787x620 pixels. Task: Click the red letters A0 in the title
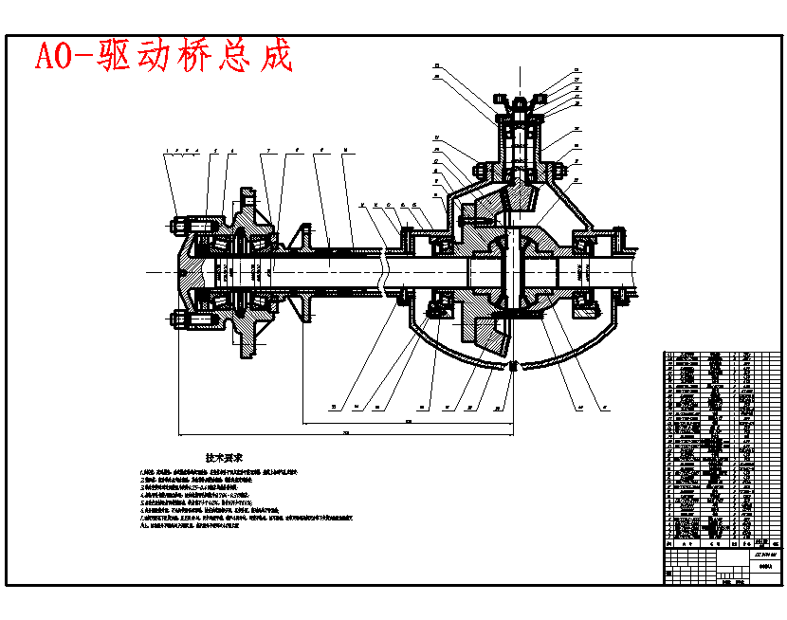click(x=55, y=57)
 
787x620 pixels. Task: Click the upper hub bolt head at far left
click(x=176, y=226)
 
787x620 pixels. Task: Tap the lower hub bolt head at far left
click(x=176, y=319)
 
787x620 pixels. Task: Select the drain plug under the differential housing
click(x=513, y=365)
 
